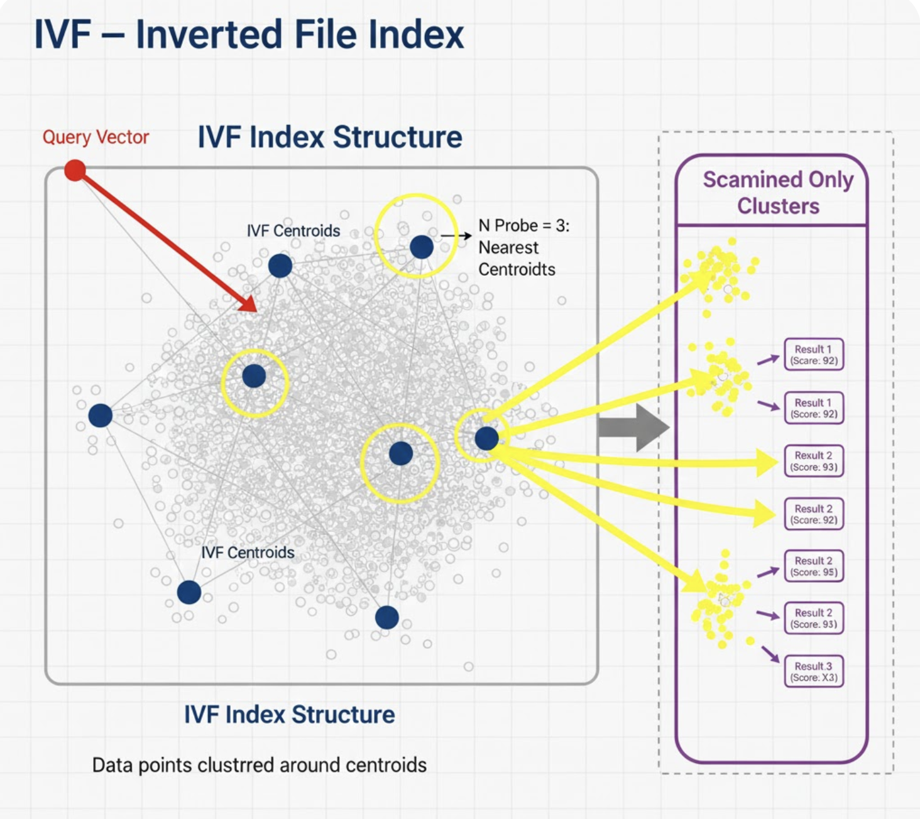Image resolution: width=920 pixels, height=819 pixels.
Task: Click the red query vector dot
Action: [75, 170]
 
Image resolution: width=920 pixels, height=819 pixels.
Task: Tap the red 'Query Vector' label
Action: [96, 137]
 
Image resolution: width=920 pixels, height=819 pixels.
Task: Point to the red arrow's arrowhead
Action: [249, 304]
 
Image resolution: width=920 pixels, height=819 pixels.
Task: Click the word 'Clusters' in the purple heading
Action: [778, 206]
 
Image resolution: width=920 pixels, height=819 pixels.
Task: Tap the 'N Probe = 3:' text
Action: [523, 225]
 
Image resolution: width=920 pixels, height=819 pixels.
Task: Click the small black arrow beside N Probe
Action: [457, 236]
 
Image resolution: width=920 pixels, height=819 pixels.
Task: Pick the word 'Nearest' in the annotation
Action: [508, 247]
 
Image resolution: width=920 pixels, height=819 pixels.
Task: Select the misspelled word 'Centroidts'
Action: [517, 269]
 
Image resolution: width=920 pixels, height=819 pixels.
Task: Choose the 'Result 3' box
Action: [813, 671]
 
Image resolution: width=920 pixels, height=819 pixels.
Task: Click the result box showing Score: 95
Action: [813, 567]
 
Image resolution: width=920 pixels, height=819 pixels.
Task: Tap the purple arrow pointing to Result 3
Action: [770, 653]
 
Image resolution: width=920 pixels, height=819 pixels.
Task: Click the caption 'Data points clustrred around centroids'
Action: [259, 765]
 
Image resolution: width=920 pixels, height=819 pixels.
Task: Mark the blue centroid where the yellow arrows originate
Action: [486, 438]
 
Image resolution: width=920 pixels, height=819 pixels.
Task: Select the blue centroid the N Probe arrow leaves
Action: [421, 247]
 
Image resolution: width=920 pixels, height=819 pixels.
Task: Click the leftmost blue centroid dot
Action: [100, 415]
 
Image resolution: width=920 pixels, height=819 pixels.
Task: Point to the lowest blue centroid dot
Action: [386, 617]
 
